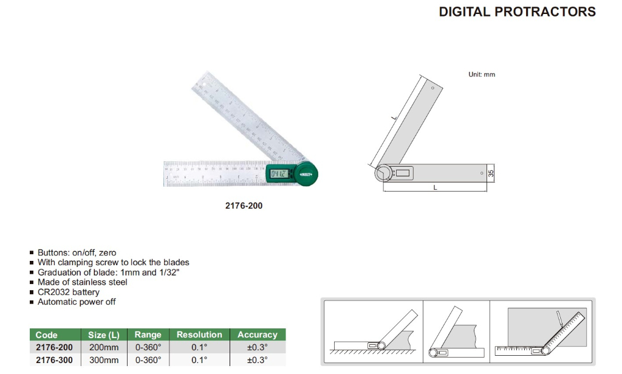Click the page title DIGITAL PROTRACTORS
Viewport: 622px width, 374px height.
[517, 12]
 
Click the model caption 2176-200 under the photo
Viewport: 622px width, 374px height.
[244, 206]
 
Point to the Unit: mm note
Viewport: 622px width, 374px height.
[482, 74]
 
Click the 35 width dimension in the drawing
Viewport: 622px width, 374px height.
[491, 173]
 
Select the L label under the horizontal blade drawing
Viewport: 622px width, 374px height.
[435, 188]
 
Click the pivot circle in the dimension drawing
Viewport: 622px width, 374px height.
[384, 173]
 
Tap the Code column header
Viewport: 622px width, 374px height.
[47, 335]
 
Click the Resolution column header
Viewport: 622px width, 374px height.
[199, 335]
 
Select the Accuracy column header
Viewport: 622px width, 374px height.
[257, 335]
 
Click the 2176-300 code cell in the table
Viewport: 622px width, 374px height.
[54, 360]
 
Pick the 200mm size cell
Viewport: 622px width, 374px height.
[104, 347]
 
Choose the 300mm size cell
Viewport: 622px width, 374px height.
[104, 360]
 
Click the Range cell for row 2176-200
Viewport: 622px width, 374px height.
[148, 347]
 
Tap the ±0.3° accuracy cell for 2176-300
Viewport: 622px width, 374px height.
[257, 360]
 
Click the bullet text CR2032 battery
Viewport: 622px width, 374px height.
[68, 292]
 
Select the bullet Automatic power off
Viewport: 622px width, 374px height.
[76, 302]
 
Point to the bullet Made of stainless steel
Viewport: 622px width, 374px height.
[82, 282]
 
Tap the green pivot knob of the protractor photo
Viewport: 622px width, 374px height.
[307, 174]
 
